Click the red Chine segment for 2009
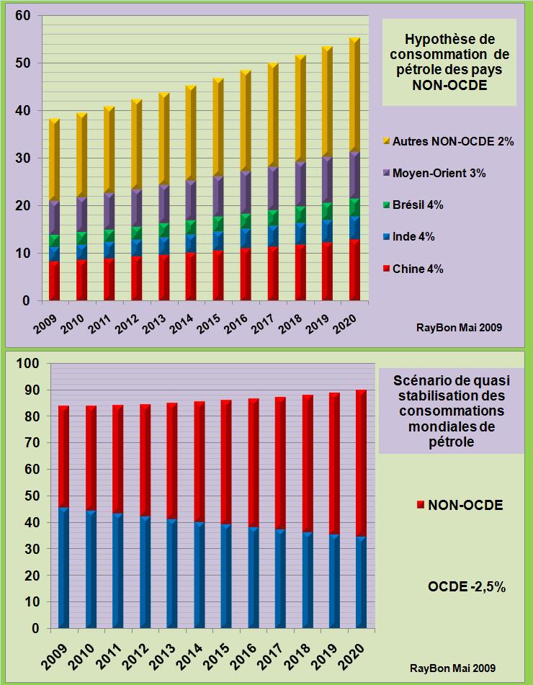tap(54, 281)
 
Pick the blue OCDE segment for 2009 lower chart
tap(63, 569)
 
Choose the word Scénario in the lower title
tap(419, 380)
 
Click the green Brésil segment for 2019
tap(327, 211)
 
